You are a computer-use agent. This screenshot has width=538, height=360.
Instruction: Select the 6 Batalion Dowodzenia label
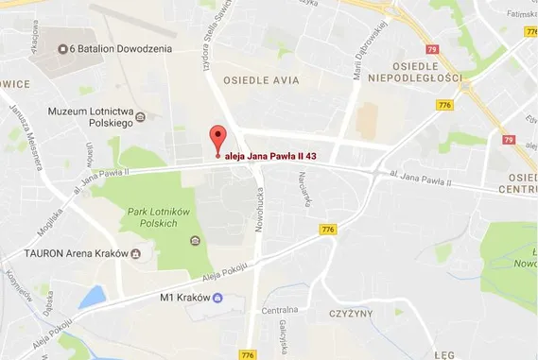click(x=119, y=48)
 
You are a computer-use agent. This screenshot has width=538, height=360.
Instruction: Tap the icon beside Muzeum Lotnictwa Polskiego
click(x=141, y=117)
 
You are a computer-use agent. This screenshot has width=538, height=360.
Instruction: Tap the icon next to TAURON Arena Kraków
click(x=136, y=254)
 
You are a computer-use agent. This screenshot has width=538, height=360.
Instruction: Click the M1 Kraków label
click(x=183, y=299)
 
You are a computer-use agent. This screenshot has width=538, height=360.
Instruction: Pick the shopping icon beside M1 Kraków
click(x=218, y=299)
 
